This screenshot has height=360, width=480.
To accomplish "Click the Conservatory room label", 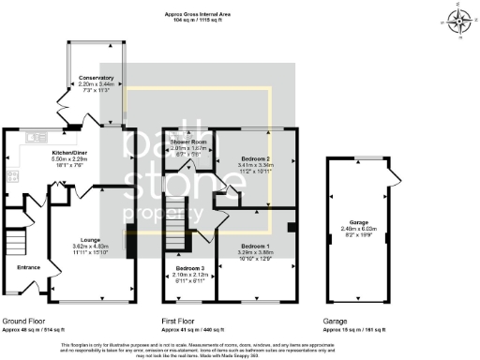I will [x=97, y=77].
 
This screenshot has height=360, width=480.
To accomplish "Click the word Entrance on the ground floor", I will [x=29, y=266].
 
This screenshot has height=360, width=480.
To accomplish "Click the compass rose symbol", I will [x=458, y=21].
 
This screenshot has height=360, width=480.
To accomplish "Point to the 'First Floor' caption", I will [x=183, y=321].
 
